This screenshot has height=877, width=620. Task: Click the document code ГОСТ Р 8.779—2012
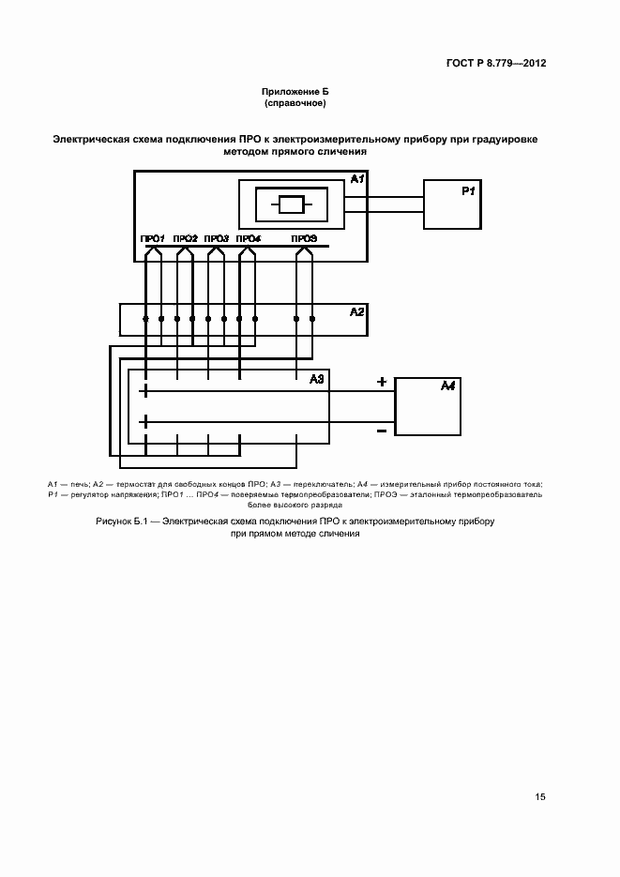coord(498,64)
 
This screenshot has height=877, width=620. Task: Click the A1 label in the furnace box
coord(356,179)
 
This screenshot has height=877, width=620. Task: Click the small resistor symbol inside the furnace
coord(290,204)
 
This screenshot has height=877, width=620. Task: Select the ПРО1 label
coord(152,238)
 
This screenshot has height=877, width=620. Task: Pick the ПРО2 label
coord(185,238)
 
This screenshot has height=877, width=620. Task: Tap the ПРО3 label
coord(216,238)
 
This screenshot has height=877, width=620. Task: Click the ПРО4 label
coord(248,238)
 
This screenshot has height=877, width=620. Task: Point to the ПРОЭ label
coord(304,238)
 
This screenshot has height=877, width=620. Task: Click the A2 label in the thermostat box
coord(356,311)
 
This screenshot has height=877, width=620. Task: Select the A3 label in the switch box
coord(316,379)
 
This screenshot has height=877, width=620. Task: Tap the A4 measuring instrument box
coord(427,406)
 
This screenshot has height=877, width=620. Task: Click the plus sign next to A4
coord(382,382)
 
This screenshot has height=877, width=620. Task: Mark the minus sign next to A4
coord(382,431)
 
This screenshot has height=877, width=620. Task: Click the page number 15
coord(540,797)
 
